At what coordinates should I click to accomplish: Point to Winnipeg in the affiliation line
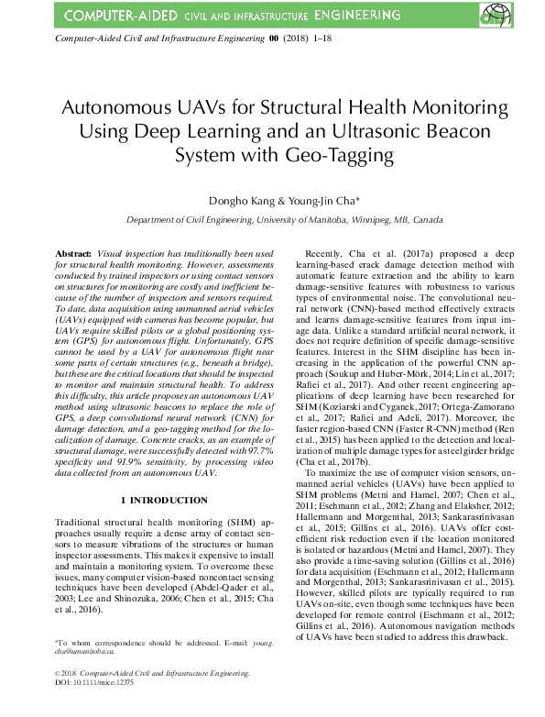(x=378, y=220)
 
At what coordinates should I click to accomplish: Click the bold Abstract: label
(x=73, y=251)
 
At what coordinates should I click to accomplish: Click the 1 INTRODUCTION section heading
(x=164, y=501)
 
